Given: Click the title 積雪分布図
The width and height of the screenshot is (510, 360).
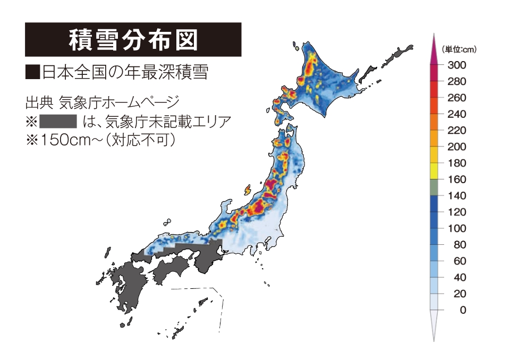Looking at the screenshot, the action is pyautogui.click(x=133, y=39).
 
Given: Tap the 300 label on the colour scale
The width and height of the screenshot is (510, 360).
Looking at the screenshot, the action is pyautogui.click(x=457, y=65).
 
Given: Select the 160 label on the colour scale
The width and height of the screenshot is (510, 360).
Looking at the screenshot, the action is pyautogui.click(x=457, y=179).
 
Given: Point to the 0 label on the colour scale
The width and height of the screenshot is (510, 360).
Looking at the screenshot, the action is pyautogui.click(x=463, y=310).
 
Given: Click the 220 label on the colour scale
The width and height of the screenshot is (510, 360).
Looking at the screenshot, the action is pyautogui.click(x=457, y=131).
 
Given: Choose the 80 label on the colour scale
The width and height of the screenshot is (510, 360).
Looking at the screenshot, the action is pyautogui.click(x=460, y=245).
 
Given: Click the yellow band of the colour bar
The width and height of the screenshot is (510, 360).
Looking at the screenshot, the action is pyautogui.click(x=433, y=171).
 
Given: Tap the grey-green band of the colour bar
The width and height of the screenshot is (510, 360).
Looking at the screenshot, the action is pyautogui.click(x=433, y=187).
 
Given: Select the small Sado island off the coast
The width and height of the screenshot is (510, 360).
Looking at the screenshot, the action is pyautogui.click(x=248, y=189).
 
